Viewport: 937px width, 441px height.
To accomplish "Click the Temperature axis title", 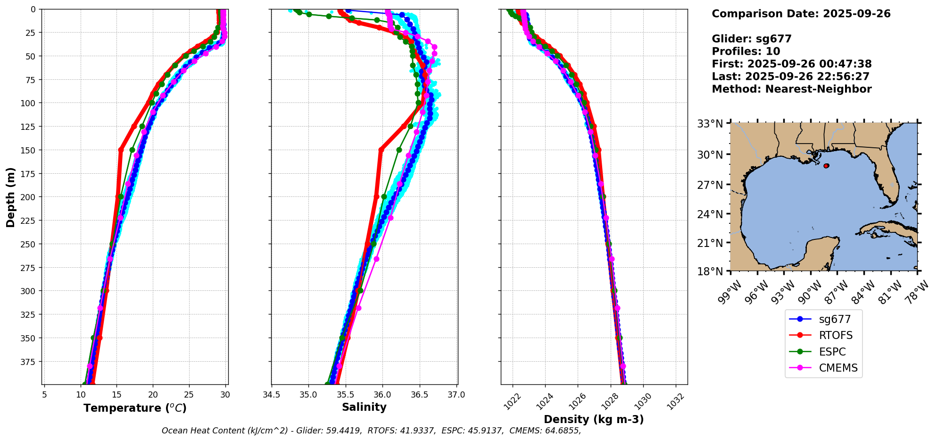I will pos(135,408).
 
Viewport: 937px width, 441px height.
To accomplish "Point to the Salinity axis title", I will pos(364,407).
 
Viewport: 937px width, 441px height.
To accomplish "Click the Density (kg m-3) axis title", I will pos(594,419).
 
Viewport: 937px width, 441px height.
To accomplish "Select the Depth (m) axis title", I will pos(10,197).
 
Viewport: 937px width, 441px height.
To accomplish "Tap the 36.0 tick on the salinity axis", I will pos(382,395).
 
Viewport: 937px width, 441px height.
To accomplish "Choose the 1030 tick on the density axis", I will pos(643,401).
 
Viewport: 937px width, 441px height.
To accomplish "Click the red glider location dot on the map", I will pos(826,166).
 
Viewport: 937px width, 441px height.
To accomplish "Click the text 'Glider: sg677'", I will pos(751,39).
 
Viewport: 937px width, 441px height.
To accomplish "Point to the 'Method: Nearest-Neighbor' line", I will pos(791,89).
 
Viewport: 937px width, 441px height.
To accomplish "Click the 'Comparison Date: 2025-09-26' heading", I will pos(801,14).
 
